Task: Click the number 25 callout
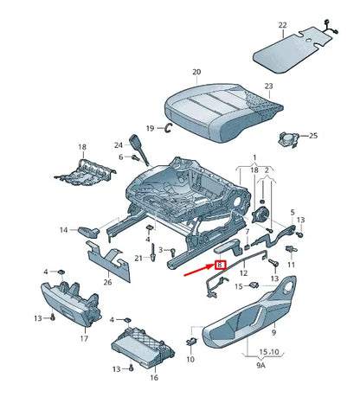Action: [314, 136]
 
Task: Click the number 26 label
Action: [106, 280]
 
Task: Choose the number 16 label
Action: [154, 377]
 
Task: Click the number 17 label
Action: [84, 339]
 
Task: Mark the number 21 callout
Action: [138, 258]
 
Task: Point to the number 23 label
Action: [268, 86]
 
